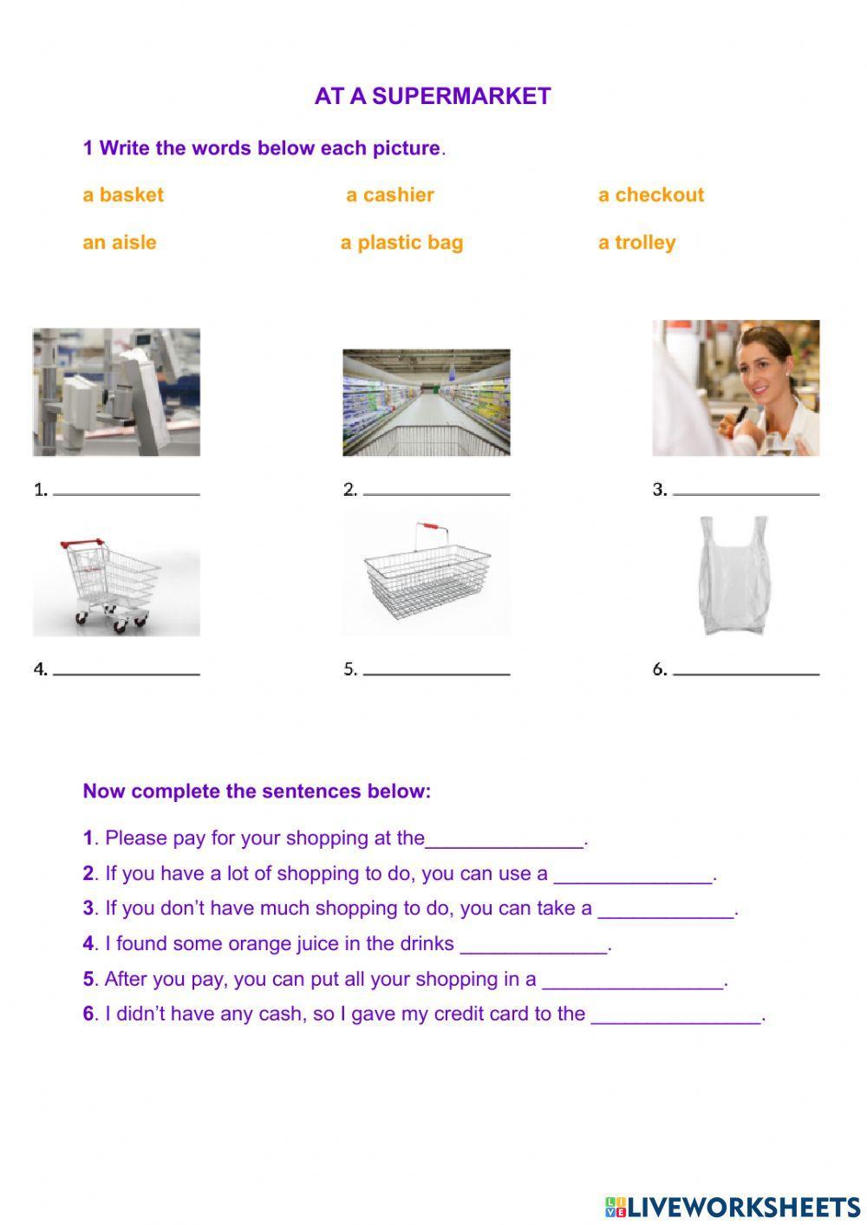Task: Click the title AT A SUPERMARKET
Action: [x=432, y=96]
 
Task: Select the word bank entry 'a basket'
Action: [x=123, y=195]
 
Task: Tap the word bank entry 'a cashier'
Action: [x=390, y=195]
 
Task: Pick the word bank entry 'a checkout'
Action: [x=651, y=195]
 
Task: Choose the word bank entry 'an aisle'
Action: [x=120, y=242]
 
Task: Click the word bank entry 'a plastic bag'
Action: [x=401, y=243]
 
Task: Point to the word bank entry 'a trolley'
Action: [x=636, y=243]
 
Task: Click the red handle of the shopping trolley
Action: [x=82, y=543]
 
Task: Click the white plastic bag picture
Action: [x=734, y=576]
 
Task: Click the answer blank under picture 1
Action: [x=127, y=494]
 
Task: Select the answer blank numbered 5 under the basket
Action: [x=436, y=674]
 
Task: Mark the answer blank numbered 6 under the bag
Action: [x=746, y=674]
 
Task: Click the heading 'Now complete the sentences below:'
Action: [x=257, y=791]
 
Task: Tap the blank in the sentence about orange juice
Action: [x=534, y=953]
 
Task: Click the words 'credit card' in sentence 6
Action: [x=482, y=1013]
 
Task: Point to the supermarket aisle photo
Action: [x=426, y=402]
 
